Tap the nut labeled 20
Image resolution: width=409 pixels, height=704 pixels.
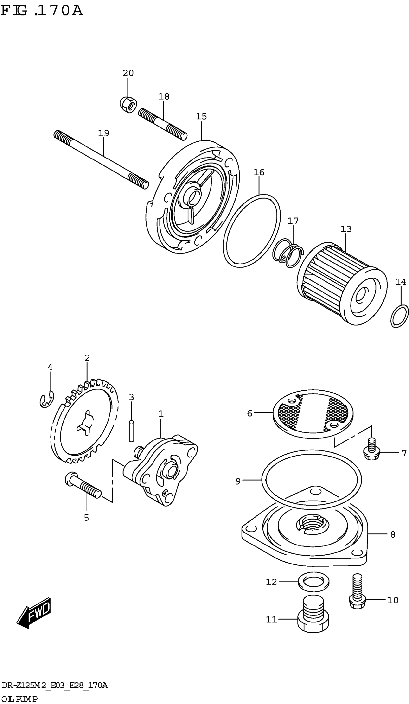tap(128, 105)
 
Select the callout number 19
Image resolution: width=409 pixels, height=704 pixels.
tap(103, 133)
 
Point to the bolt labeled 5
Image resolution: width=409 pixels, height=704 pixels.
tap(83, 486)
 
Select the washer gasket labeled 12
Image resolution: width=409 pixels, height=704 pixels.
tap(313, 582)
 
